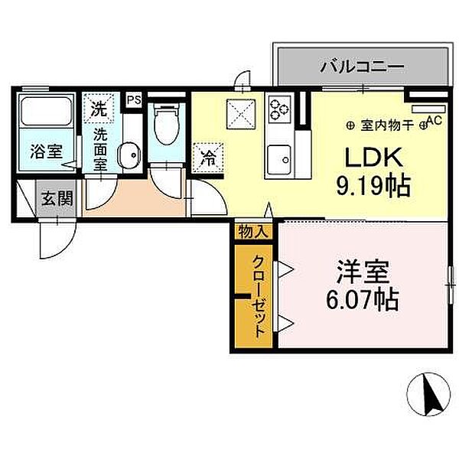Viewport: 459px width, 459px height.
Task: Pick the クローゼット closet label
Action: click(x=259, y=293)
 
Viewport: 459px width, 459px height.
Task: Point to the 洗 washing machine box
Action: click(x=99, y=109)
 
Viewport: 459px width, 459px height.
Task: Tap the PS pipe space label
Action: click(x=134, y=100)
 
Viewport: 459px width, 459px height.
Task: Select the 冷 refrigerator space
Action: click(x=207, y=159)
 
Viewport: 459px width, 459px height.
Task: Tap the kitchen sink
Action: click(x=281, y=159)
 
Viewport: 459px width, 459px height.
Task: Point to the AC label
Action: click(x=434, y=119)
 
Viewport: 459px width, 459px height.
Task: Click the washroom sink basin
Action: click(x=129, y=155)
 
